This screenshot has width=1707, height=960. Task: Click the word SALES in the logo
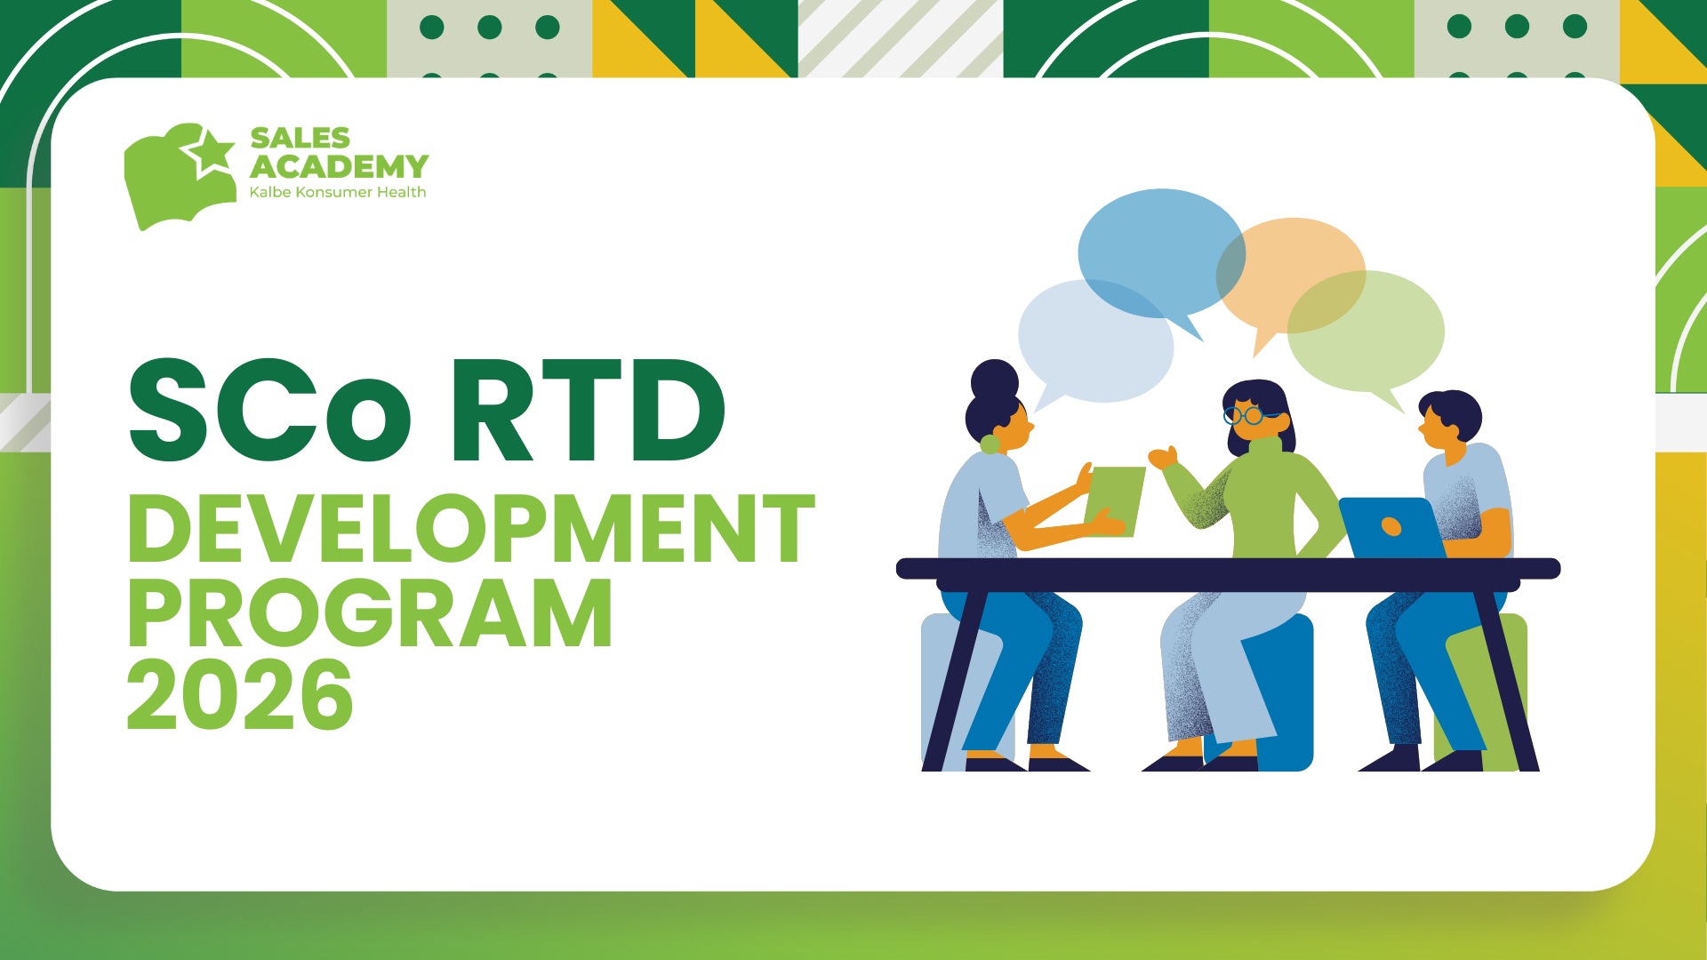click(x=300, y=138)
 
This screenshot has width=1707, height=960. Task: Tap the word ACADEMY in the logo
click(x=339, y=166)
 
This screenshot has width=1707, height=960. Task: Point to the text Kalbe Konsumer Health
click(x=337, y=192)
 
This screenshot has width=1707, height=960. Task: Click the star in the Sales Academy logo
click(x=211, y=150)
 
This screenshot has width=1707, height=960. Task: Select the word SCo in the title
click(x=270, y=411)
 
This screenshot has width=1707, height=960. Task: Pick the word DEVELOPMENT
click(x=471, y=530)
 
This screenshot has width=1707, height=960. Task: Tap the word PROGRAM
click(x=370, y=613)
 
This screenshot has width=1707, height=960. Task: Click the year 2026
click(x=240, y=695)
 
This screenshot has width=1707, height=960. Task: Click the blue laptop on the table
click(x=1390, y=528)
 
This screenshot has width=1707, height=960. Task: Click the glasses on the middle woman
click(x=1245, y=414)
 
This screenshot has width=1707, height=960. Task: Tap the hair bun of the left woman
click(x=995, y=380)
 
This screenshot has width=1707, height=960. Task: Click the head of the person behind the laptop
click(x=1447, y=420)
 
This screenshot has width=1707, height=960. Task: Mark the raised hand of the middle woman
click(x=1162, y=458)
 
